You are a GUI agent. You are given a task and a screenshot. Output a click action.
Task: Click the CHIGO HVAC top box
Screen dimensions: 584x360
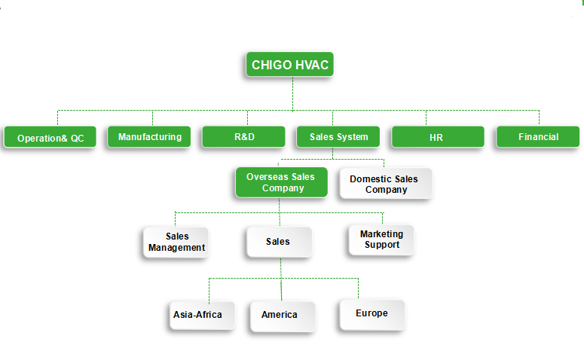[290, 65]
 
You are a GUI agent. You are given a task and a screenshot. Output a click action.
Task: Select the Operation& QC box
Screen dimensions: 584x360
[50, 137]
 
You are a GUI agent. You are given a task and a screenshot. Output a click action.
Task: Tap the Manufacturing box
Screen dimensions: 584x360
[149, 137]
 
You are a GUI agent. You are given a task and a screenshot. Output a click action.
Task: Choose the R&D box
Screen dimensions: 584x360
[243, 137]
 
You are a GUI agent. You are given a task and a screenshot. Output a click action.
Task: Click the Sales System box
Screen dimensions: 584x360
[338, 137]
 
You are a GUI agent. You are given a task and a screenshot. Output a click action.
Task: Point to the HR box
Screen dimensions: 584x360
[438, 137]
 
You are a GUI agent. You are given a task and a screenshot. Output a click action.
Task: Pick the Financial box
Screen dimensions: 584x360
[538, 137]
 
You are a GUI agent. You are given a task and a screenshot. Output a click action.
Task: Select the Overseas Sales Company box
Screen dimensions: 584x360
[282, 182]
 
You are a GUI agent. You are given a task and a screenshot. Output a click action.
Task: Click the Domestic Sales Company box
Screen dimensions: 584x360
[386, 183]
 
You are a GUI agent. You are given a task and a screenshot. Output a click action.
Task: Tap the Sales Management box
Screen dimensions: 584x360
[176, 243]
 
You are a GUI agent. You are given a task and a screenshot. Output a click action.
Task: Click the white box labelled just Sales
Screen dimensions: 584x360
[280, 242]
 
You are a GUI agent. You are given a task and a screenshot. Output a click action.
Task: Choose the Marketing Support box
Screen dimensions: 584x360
[381, 240]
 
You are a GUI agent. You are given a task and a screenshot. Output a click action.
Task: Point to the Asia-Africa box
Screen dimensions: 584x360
[202, 316]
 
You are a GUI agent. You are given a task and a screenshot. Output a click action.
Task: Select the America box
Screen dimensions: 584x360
[283, 316]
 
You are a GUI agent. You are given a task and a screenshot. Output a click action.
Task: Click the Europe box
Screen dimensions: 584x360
[372, 315]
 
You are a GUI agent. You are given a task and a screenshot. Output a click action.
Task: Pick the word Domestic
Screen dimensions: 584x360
[371, 179]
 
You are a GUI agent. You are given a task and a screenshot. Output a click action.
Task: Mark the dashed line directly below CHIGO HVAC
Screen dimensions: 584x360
[292, 94]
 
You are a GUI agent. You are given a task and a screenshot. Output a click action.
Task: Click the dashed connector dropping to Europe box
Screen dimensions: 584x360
[358, 288]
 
